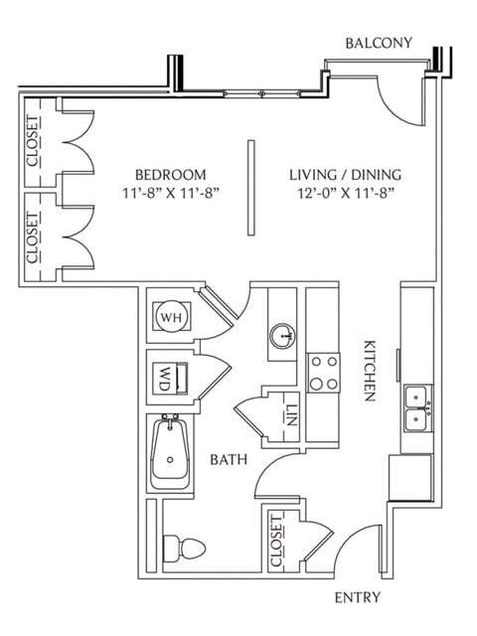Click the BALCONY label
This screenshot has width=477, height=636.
[x=379, y=43]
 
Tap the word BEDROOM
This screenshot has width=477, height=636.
[x=170, y=175]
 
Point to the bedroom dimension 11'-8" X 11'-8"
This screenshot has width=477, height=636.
[x=171, y=193]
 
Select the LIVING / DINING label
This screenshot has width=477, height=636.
[x=345, y=175]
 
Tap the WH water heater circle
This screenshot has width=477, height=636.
[x=172, y=316]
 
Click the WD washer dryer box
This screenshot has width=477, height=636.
[x=170, y=379]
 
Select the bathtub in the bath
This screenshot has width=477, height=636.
[x=170, y=453]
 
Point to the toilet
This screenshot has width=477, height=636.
[x=184, y=549]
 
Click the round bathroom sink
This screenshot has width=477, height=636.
[x=282, y=336]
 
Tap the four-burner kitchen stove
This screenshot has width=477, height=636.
[x=323, y=373]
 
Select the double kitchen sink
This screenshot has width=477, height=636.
[x=418, y=408]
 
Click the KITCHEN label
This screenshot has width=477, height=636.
[x=369, y=371]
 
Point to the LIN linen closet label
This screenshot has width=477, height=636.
[x=291, y=415]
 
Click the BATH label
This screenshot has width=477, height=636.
[x=229, y=459]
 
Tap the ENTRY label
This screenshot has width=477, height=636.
[x=358, y=597]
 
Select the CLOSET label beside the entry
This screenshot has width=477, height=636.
[x=276, y=541]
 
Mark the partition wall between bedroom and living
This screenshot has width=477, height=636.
[x=251, y=188]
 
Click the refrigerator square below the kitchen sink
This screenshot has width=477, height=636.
[x=410, y=478]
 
